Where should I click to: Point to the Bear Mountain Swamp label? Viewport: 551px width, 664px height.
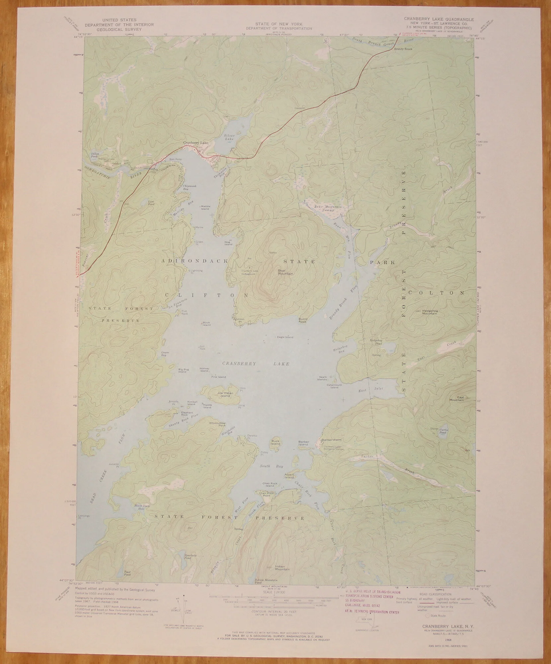[x=328, y=207]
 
